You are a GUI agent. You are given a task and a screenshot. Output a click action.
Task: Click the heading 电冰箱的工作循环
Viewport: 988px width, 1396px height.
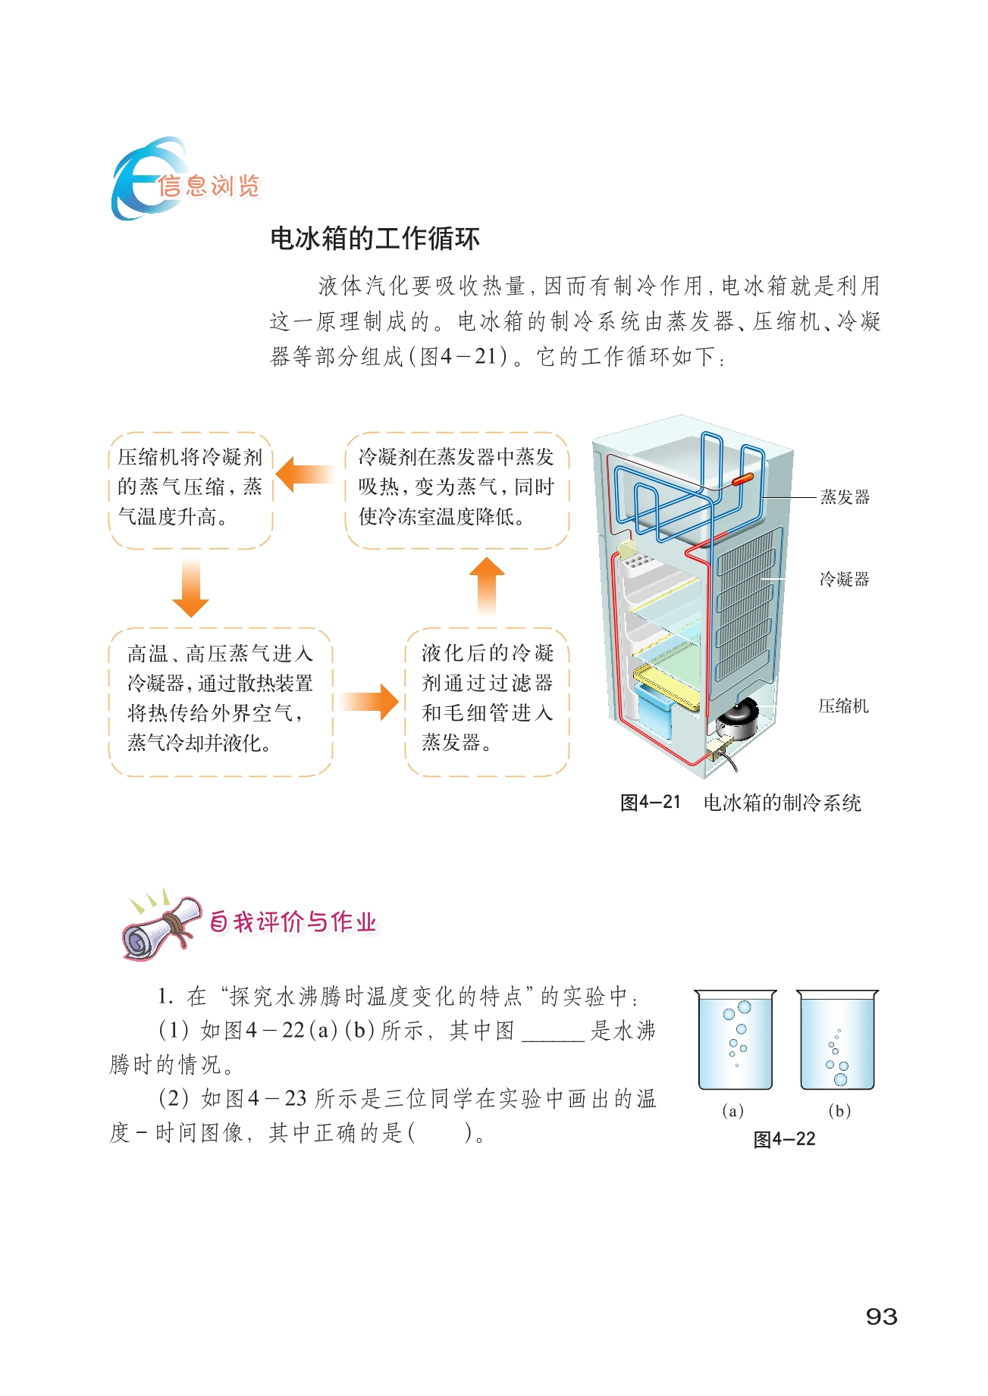click(375, 239)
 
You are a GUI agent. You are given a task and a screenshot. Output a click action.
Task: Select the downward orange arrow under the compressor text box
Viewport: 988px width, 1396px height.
click(190, 589)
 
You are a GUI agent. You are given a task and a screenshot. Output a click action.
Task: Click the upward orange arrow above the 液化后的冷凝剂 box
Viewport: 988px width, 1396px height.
click(487, 587)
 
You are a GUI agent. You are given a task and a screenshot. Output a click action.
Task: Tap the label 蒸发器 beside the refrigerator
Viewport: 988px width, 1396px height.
click(844, 497)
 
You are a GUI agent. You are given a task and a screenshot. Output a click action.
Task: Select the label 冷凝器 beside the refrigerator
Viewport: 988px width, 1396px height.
click(844, 580)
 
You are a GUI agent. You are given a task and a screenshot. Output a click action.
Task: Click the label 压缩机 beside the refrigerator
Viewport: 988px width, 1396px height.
click(843, 706)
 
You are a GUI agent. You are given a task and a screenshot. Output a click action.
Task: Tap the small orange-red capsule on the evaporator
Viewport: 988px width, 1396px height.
click(742, 479)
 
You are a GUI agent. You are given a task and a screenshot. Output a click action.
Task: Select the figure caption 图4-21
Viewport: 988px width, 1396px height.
click(650, 803)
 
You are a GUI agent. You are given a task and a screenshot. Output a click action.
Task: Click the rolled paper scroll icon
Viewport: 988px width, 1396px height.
click(162, 925)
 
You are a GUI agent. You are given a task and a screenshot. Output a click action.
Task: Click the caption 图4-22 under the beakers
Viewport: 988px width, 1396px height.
click(784, 1139)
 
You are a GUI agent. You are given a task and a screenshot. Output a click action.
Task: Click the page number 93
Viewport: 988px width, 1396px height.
click(881, 1316)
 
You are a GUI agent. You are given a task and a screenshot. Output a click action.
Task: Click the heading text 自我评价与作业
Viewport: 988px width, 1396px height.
click(293, 922)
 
